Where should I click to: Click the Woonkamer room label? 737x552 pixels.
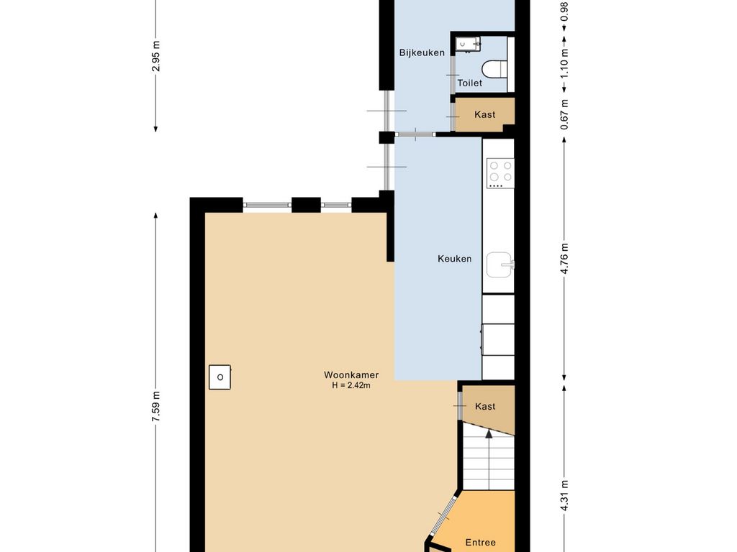(351, 375)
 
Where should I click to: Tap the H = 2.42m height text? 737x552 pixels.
(351, 386)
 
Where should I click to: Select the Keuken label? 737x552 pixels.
(455, 259)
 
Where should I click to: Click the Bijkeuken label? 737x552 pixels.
(422, 52)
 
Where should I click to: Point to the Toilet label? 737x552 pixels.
(470, 83)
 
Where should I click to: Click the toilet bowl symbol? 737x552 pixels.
(494, 70)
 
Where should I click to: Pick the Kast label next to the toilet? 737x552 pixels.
(484, 114)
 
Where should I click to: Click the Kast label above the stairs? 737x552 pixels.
(485, 406)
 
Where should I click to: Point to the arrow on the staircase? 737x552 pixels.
(487, 433)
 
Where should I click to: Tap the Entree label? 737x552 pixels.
(480, 543)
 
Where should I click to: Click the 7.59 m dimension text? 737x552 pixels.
(156, 408)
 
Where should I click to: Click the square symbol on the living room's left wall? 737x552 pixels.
(220, 377)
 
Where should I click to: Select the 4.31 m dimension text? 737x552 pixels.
(565, 494)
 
